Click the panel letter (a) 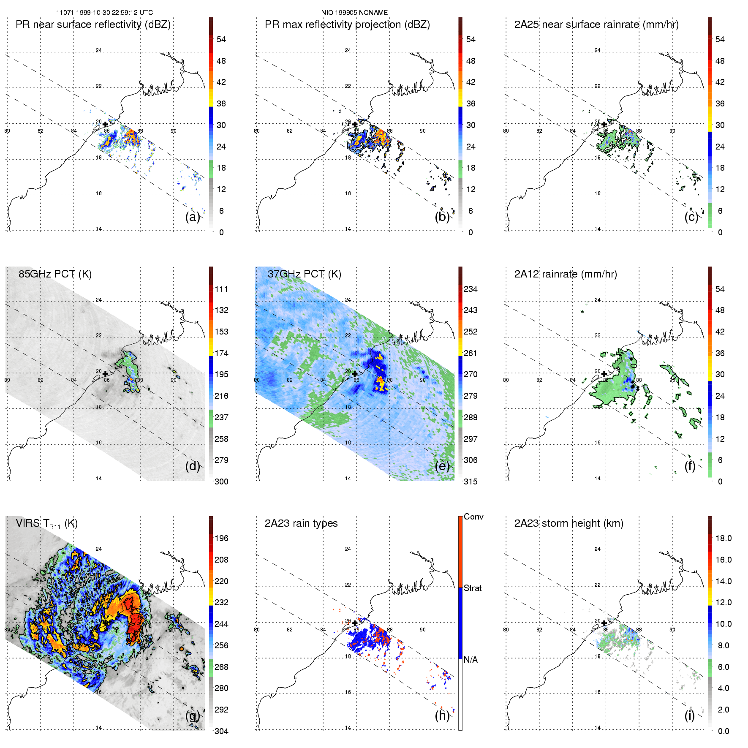point(192,217)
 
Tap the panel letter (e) point(442,466)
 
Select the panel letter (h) point(442,715)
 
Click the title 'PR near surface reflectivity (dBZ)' point(93,24)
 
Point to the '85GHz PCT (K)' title point(55,274)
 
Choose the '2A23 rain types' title point(301,523)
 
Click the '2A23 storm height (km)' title point(568,523)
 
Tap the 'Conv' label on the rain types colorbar point(473,517)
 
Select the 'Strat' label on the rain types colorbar point(473,588)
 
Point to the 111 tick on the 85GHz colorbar point(221,289)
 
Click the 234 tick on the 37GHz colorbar point(471,289)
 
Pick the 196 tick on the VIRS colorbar point(221,538)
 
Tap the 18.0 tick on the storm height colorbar point(723,538)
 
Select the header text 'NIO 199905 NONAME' point(354,13)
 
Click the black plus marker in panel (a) point(105,125)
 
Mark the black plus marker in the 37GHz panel point(354,374)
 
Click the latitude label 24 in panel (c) point(597,50)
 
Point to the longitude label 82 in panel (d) point(41,380)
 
